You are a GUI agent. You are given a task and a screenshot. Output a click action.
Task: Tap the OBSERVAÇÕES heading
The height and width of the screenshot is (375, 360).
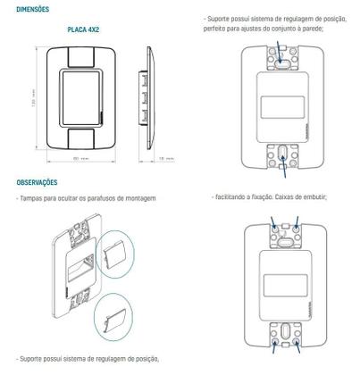click(37, 181)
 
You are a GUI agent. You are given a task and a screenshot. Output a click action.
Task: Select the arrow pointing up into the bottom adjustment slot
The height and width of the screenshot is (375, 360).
click(284, 162)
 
